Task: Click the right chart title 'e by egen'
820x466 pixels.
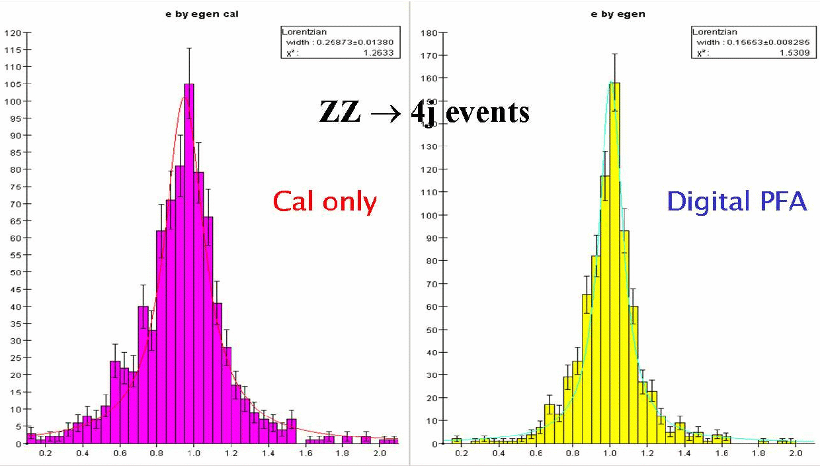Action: point(618,14)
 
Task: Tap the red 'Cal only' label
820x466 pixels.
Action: point(324,202)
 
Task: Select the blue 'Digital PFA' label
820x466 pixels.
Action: point(737,201)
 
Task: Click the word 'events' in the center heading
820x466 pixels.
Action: point(487,112)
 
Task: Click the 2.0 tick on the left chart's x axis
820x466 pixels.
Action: point(380,453)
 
